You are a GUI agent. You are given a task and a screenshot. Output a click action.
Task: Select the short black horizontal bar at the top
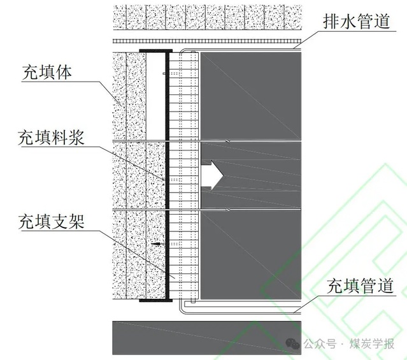pos(155,50)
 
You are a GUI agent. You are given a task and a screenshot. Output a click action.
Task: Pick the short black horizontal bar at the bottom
pos(155,299)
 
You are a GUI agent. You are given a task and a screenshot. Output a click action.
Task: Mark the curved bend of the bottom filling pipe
pos(182,308)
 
